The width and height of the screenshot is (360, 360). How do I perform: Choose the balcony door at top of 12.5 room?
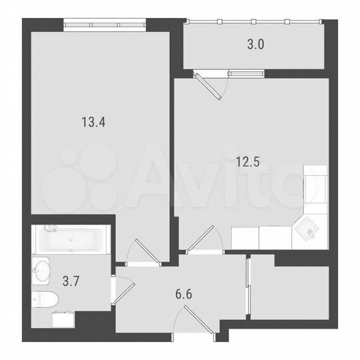210,84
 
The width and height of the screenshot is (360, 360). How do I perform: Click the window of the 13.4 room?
106,26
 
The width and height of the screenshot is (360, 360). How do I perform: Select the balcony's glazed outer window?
253,22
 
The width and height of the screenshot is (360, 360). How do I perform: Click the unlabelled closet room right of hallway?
291,292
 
